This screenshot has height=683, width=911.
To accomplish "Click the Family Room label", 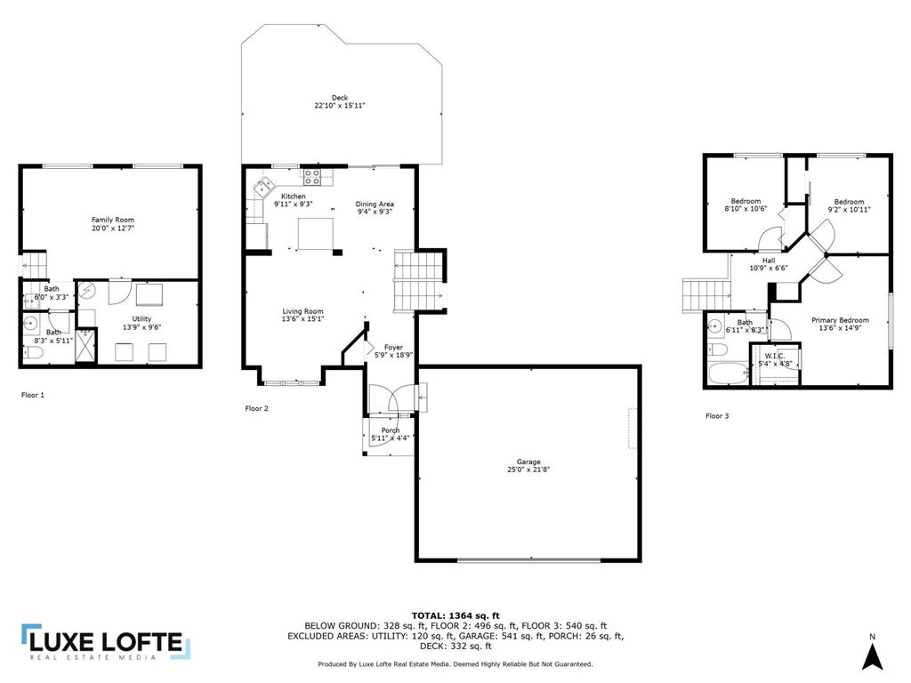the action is [113, 221].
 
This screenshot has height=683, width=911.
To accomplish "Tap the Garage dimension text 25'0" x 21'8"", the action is [528, 470].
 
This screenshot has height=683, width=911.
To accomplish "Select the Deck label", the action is [340, 98].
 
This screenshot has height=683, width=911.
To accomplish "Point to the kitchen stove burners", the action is [312, 177].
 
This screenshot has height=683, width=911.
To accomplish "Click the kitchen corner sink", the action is [264, 187].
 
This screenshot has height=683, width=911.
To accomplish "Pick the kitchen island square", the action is [316, 234].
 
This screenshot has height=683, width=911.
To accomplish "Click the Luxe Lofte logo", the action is [107, 642].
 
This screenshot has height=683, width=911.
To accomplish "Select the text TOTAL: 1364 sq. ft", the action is [455, 615].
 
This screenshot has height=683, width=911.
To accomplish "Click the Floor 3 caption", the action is [717, 416].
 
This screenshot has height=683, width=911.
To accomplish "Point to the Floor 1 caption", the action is [33, 395].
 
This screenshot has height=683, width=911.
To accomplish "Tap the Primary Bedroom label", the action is [840, 320].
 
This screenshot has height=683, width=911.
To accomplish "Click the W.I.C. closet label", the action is [775, 356].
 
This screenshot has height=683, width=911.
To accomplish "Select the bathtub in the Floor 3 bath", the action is [729, 374].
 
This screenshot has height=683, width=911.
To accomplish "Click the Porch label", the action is [391, 430].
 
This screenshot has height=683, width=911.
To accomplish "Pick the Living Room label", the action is [302, 311].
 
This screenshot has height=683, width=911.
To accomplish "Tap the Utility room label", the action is [141, 319].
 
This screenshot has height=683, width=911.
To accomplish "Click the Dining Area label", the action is [375, 204].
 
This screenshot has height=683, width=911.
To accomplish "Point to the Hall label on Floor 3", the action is [769, 261].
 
